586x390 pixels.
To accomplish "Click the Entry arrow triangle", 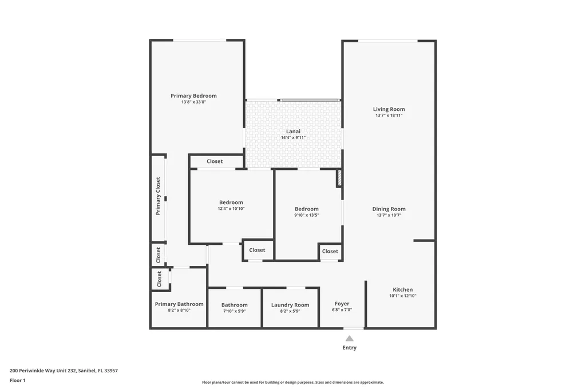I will pos(349,339).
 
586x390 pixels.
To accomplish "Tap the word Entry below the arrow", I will pos(349,348).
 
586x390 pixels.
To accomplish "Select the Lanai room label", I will pos(293,131).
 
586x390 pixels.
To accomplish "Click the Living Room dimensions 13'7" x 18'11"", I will pos(389,116).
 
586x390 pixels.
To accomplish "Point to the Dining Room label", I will pos(389,209).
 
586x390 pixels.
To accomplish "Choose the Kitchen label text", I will pos(402,289).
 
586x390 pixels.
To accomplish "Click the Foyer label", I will pos(342,304).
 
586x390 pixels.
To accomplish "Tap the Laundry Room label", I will pos(290,305).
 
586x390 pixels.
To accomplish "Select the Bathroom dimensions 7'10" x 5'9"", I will pos(235,311).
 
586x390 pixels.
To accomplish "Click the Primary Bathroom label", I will pos(179,304).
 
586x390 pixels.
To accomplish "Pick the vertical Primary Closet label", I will pos(159,196).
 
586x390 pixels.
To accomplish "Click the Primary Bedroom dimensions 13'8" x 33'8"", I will pos(193,102).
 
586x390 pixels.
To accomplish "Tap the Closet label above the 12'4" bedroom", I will pos(215,161).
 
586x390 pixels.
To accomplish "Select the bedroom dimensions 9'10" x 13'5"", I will pos(307,216).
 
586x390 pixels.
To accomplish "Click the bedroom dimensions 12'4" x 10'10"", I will pos(231,209).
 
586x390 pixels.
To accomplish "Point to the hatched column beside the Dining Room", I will pos(339,178).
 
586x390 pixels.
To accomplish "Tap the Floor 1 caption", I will pos(18,380).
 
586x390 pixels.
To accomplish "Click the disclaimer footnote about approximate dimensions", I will pos(292,383).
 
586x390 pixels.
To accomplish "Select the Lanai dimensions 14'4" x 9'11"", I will pos(293,138).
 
